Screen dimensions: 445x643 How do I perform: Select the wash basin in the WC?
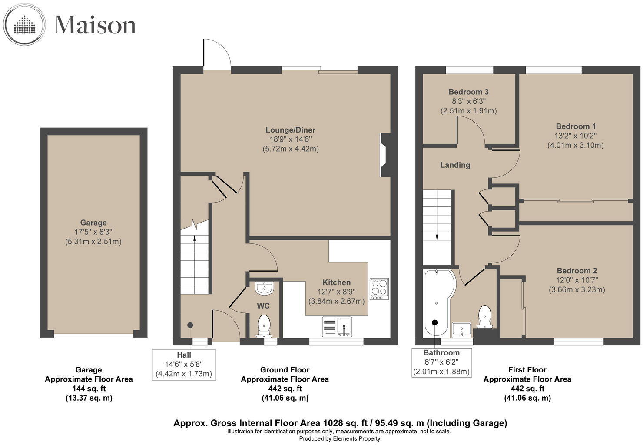click(265, 288)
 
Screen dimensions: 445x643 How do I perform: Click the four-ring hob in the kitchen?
click(379, 289)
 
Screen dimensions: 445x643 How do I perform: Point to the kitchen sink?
click(337, 327)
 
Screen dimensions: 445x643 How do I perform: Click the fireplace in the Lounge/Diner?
click(385, 155)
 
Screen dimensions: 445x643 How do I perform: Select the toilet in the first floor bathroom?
click(484, 316)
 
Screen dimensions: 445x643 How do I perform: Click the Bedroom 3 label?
click(468, 92)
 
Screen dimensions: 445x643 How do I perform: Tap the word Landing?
click(455, 165)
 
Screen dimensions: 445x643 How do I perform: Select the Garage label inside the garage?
click(93, 223)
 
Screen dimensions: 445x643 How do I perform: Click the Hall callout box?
click(184, 365)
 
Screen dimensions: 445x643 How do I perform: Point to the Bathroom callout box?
click(441, 362)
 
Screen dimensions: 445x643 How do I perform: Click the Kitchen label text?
click(336, 282)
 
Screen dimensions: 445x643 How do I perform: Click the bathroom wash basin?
click(461, 329)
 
